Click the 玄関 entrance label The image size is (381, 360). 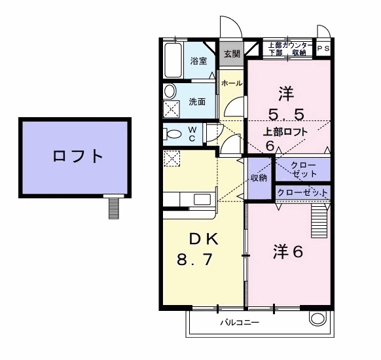click(x=232, y=54)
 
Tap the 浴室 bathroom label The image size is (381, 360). click(x=198, y=61)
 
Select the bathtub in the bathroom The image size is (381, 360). click(x=173, y=60)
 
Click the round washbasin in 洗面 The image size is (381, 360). click(x=170, y=91)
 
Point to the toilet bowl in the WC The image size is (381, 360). click(x=173, y=134)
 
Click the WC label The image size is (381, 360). click(x=192, y=134)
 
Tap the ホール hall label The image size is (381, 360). click(x=232, y=83)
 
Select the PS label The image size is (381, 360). click(x=323, y=48)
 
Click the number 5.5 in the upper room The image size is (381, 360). click(x=286, y=115)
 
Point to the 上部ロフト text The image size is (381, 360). click(x=285, y=132)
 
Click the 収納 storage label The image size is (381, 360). click(x=259, y=178)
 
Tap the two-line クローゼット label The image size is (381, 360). click(x=304, y=170)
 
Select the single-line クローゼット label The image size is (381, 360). click(x=302, y=192)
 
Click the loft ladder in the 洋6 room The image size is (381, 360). click(x=319, y=221)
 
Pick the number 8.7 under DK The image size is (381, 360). click(x=194, y=259)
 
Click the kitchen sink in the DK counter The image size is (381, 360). click(x=202, y=199)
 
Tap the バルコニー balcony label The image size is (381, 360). click(x=240, y=323)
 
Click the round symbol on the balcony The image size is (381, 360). click(x=317, y=319)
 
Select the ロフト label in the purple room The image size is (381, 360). click(x=78, y=156)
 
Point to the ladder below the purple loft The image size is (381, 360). click(x=114, y=208)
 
